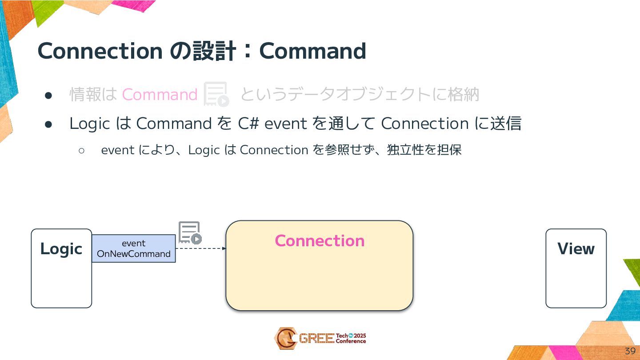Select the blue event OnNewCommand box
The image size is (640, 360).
pyautogui.click(x=133, y=248)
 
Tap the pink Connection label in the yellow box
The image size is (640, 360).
pyautogui.click(x=320, y=240)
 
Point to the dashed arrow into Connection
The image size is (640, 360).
pyautogui.click(x=201, y=248)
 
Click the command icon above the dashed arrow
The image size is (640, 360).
pyautogui.click(x=190, y=233)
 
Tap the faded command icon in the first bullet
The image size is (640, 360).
pyautogui.click(x=216, y=94)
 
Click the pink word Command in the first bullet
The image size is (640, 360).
pyautogui.click(x=160, y=95)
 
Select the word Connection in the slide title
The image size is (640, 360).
pyautogui.click(x=100, y=51)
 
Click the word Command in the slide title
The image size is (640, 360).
pyautogui.click(x=312, y=51)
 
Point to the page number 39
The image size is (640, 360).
pyautogui.click(x=630, y=351)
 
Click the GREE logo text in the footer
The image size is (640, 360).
pyautogui.click(x=316, y=339)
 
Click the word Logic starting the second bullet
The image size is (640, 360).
pyautogui.click(x=89, y=124)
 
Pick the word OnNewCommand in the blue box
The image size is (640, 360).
pyautogui.click(x=133, y=254)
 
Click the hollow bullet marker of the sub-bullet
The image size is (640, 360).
pyautogui.click(x=81, y=150)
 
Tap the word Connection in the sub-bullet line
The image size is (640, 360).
pyautogui.click(x=274, y=150)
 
